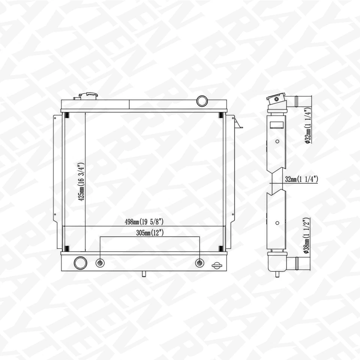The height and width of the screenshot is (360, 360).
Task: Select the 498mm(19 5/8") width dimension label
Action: (x=144, y=222)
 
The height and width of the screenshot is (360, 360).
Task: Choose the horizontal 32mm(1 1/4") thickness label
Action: (x=301, y=179)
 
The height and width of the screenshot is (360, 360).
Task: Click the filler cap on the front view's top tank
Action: (x=88, y=96)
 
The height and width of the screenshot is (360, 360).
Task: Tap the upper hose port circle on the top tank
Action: (x=202, y=100)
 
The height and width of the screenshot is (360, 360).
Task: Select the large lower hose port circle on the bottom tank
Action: (x=80, y=262)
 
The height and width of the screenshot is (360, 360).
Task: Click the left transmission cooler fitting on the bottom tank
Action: (x=100, y=263)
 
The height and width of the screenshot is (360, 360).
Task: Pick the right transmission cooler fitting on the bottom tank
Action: (x=199, y=263)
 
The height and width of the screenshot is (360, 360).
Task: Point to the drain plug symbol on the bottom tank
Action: (x=216, y=265)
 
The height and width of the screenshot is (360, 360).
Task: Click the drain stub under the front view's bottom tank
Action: (x=143, y=273)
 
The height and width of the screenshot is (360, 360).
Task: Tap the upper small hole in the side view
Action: (x=277, y=141)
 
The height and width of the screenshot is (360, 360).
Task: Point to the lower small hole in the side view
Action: (x=277, y=223)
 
